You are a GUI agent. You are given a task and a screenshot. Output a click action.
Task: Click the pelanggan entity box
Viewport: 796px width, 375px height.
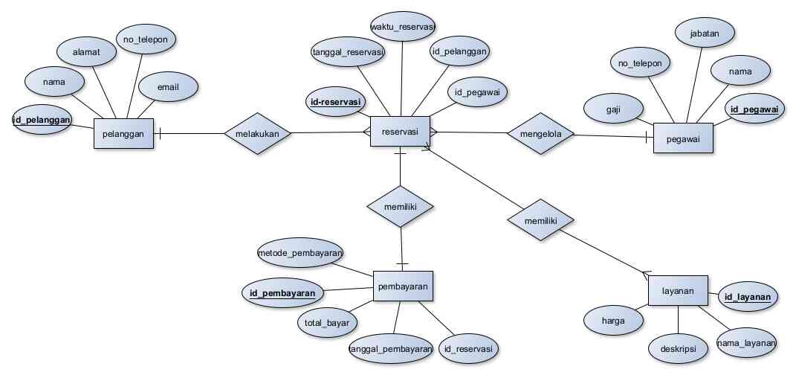click(x=123, y=134)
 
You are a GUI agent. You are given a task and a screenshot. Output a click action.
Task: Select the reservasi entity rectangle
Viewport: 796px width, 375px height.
click(x=400, y=131)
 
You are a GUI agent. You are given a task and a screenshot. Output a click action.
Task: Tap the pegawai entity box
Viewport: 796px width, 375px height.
click(x=683, y=138)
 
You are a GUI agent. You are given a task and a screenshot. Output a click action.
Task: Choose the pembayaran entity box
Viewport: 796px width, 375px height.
click(x=401, y=286)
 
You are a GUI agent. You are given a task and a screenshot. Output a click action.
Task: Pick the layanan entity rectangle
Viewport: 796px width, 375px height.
click(x=677, y=292)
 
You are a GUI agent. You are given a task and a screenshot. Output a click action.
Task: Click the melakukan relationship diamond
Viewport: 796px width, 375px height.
click(x=257, y=133)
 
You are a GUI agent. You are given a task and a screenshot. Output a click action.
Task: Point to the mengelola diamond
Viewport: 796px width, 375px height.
click(x=540, y=134)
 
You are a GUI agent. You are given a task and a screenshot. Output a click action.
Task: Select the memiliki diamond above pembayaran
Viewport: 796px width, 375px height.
click(x=401, y=205)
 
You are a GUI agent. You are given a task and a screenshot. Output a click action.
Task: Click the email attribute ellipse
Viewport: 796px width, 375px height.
click(x=168, y=87)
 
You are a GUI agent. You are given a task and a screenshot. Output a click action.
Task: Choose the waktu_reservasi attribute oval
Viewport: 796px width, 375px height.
click(x=401, y=28)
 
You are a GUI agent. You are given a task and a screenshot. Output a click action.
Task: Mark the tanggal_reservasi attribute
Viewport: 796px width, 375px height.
click(x=348, y=52)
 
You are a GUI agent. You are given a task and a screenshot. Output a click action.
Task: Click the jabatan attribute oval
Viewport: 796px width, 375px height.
click(x=705, y=33)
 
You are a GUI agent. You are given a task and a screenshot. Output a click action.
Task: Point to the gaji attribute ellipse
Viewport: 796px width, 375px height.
click(x=613, y=109)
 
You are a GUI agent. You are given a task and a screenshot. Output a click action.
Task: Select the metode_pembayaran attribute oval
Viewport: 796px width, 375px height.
click(x=300, y=253)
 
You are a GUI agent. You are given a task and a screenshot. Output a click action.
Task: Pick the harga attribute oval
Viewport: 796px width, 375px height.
click(x=613, y=321)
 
